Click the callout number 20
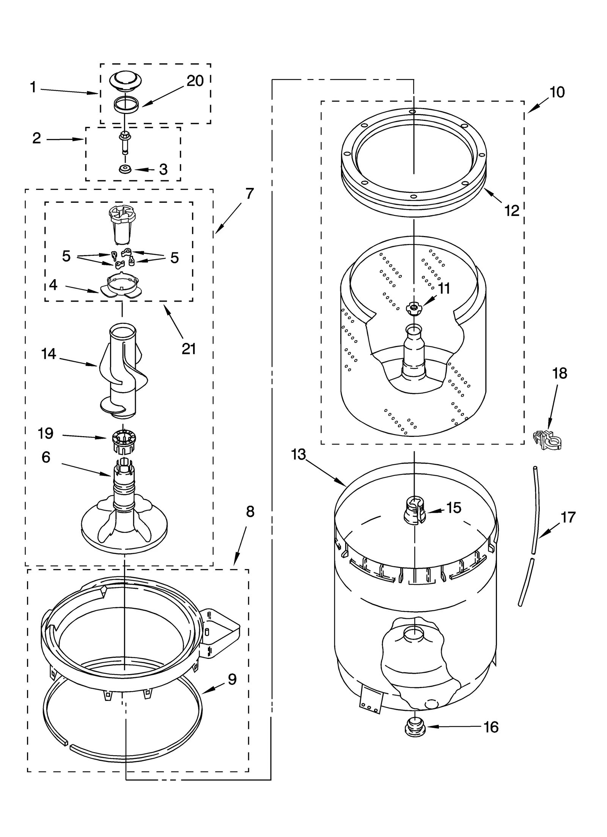pos(195,81)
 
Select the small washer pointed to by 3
pos(124,169)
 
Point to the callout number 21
pos(189,349)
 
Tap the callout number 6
pos(46,457)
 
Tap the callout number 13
pos(299,454)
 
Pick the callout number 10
pos(557,92)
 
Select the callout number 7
pos(249,194)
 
